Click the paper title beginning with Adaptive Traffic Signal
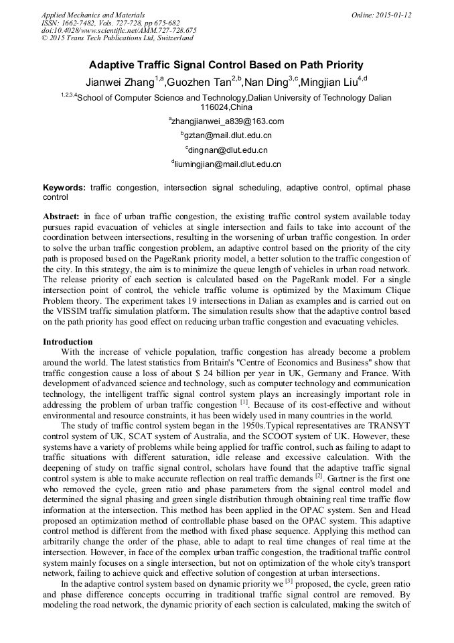pyautogui.click(x=226, y=65)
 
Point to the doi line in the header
pyautogui.click(x=119, y=31)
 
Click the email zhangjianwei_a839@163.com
pyautogui.click(x=228, y=121)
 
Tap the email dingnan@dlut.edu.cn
pyautogui.click(x=228, y=150)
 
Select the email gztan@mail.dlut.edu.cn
pyautogui.click(x=228, y=135)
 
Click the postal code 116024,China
pyautogui.click(x=226, y=107)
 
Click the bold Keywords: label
pyautogui.click(x=64, y=188)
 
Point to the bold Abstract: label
pyautogui.click(x=62, y=217)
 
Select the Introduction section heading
pyautogui.click(x=68, y=342)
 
